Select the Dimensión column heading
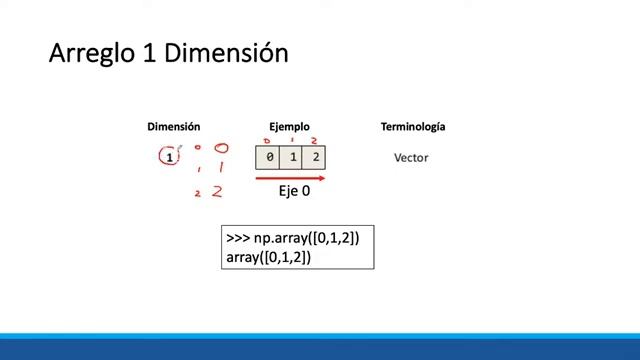174,127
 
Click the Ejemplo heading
289,127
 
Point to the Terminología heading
413,127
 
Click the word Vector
411,158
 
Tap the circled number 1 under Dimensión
170,157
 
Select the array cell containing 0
269,158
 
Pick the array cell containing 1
292,158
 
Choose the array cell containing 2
314,158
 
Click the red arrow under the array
290,178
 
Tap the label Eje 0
294,191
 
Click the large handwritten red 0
221,149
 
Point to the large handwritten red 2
217,191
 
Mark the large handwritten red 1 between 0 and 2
219,169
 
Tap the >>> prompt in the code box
238,238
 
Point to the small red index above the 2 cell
314,141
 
